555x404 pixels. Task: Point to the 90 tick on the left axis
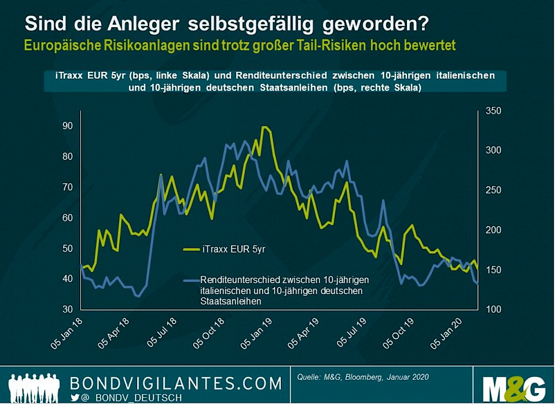coord(67,126)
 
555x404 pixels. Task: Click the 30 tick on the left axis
coord(67,309)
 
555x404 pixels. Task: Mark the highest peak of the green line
coord(264,127)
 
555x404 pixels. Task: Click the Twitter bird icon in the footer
coord(75,398)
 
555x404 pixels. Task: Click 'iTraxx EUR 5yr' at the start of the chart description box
coord(76,76)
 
